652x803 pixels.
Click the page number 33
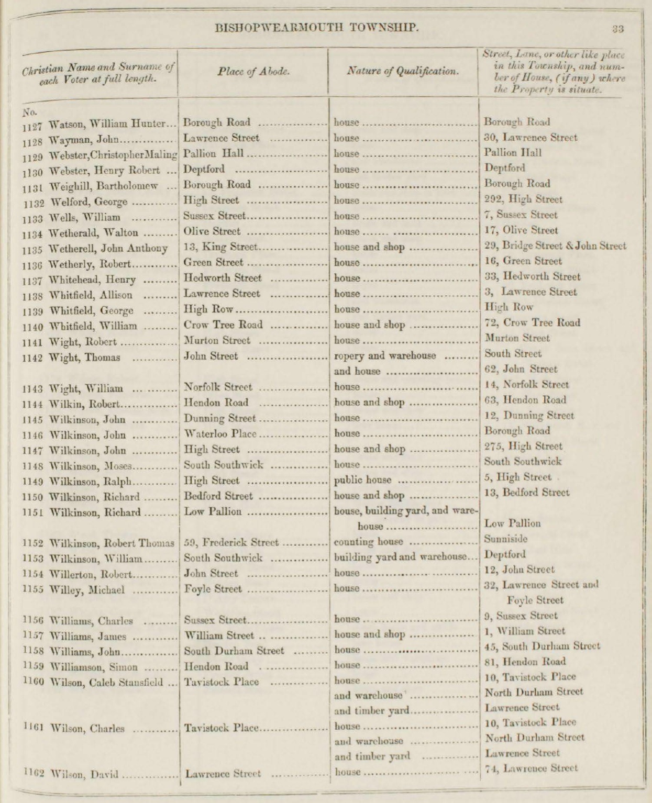tap(617, 29)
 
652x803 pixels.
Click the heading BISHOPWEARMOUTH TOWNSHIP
tap(317, 28)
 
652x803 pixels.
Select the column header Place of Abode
tap(253, 72)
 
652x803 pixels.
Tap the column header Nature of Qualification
tap(403, 72)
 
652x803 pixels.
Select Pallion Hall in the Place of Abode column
tap(214, 154)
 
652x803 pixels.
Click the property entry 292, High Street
tap(523, 199)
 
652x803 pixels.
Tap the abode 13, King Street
tap(220, 247)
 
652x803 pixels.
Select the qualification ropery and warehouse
tap(385, 356)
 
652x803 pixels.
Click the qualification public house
tap(362, 481)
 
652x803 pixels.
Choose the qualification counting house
tap(369, 542)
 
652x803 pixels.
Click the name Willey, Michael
tap(86, 590)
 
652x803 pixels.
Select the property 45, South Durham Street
tap(542, 646)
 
